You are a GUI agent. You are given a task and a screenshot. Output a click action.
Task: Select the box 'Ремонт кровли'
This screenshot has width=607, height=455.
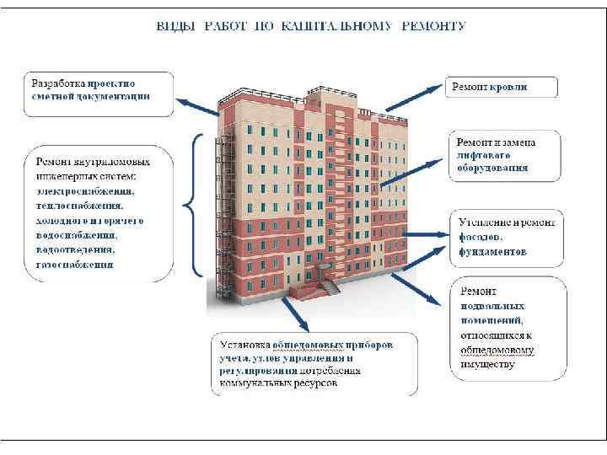tap(500, 87)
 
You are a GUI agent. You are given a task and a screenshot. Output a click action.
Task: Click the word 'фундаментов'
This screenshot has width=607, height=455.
tap(493, 251)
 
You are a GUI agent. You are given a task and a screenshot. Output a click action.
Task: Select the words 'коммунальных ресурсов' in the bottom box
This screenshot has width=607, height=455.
tap(278, 382)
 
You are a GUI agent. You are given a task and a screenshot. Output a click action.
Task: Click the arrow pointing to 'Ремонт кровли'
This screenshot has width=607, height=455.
tap(414, 95)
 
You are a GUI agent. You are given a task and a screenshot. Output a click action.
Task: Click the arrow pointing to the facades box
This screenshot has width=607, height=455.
tap(417, 232)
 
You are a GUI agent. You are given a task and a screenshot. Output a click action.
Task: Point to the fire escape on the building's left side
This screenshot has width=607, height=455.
tap(227, 219)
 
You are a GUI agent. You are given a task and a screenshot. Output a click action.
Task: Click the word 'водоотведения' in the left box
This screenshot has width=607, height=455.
tap(76, 249)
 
